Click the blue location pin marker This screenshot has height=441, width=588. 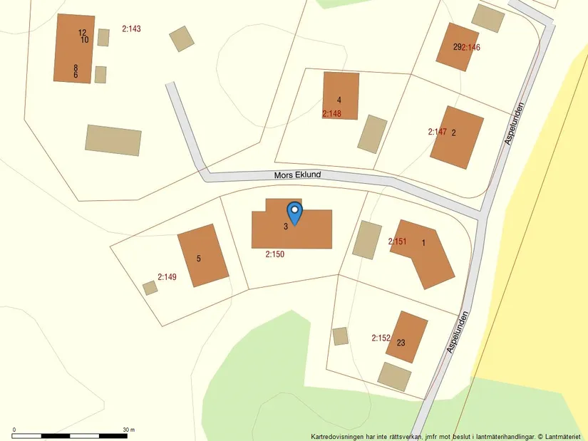point(294,213)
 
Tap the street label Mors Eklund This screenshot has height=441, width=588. point(298,175)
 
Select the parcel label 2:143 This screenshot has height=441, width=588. point(132,29)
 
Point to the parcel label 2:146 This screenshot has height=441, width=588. point(472,48)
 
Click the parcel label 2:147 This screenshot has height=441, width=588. point(437,132)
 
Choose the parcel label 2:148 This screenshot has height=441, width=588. point(331,113)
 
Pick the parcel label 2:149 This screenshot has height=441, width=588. point(167,277)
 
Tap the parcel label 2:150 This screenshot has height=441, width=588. point(274,254)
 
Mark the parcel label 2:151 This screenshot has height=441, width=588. point(397,242)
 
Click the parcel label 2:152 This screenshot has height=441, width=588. point(381,338)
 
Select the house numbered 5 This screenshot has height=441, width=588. point(202,255)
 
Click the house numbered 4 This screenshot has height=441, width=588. point(341,95)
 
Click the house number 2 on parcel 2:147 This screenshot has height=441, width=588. point(454,132)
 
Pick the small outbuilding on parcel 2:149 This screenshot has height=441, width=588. point(150,288)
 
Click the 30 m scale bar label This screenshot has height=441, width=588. point(128,430)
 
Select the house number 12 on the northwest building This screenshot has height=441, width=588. point(82,32)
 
